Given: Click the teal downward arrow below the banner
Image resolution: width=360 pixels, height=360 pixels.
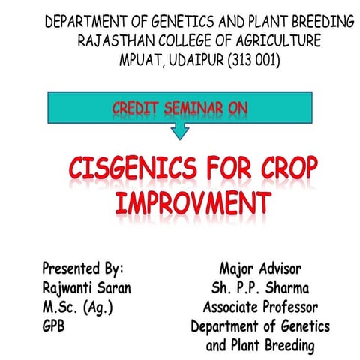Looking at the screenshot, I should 180,131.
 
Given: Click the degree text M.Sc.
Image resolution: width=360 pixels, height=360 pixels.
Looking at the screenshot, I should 61,307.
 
